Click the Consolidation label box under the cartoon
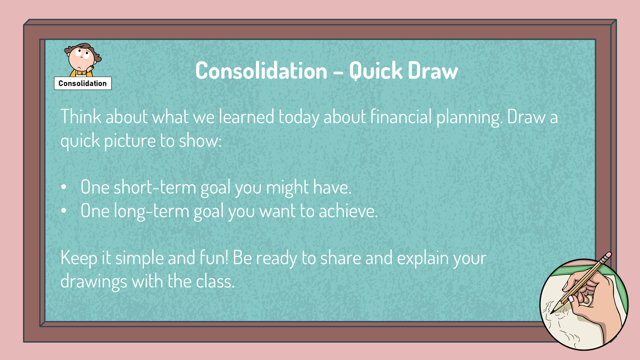pyautogui.click(x=82, y=83)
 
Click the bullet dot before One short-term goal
pyautogui.click(x=64, y=188)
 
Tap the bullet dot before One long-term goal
pyautogui.click(x=64, y=211)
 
